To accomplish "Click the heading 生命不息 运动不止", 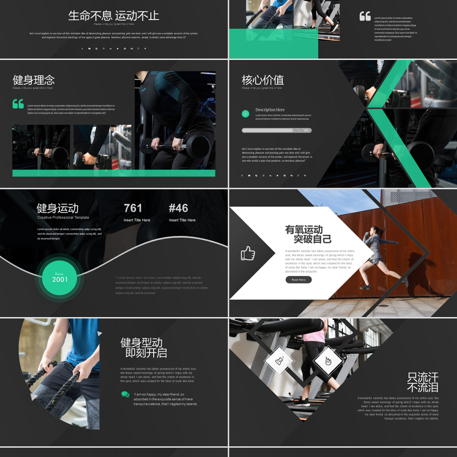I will pyautogui.click(x=114, y=15).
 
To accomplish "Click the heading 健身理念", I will pyautogui.click(x=34, y=80).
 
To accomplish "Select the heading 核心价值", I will pyautogui.click(x=263, y=80).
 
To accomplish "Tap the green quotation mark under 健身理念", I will pyautogui.click(x=18, y=103).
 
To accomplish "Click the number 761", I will pyautogui.click(x=133, y=208).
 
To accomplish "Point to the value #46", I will pyautogui.click(x=178, y=208).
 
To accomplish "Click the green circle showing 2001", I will pyautogui.click(x=60, y=278).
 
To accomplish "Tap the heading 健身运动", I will pyautogui.click(x=58, y=208).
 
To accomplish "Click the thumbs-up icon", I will pyautogui.click(x=247, y=253).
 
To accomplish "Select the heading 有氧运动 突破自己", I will pyautogui.click(x=308, y=234).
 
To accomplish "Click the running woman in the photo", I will pyautogui.click(x=380, y=254).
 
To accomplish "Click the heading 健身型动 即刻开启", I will pyautogui.click(x=143, y=347).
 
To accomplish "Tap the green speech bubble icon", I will pyautogui.click(x=125, y=394).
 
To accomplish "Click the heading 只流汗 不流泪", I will pyautogui.click(x=423, y=382).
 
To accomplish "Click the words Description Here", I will pyautogui.click(x=270, y=110).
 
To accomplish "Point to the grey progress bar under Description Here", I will pyautogui.click(x=276, y=130).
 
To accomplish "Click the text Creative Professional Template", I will pyautogui.click(x=63, y=218).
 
